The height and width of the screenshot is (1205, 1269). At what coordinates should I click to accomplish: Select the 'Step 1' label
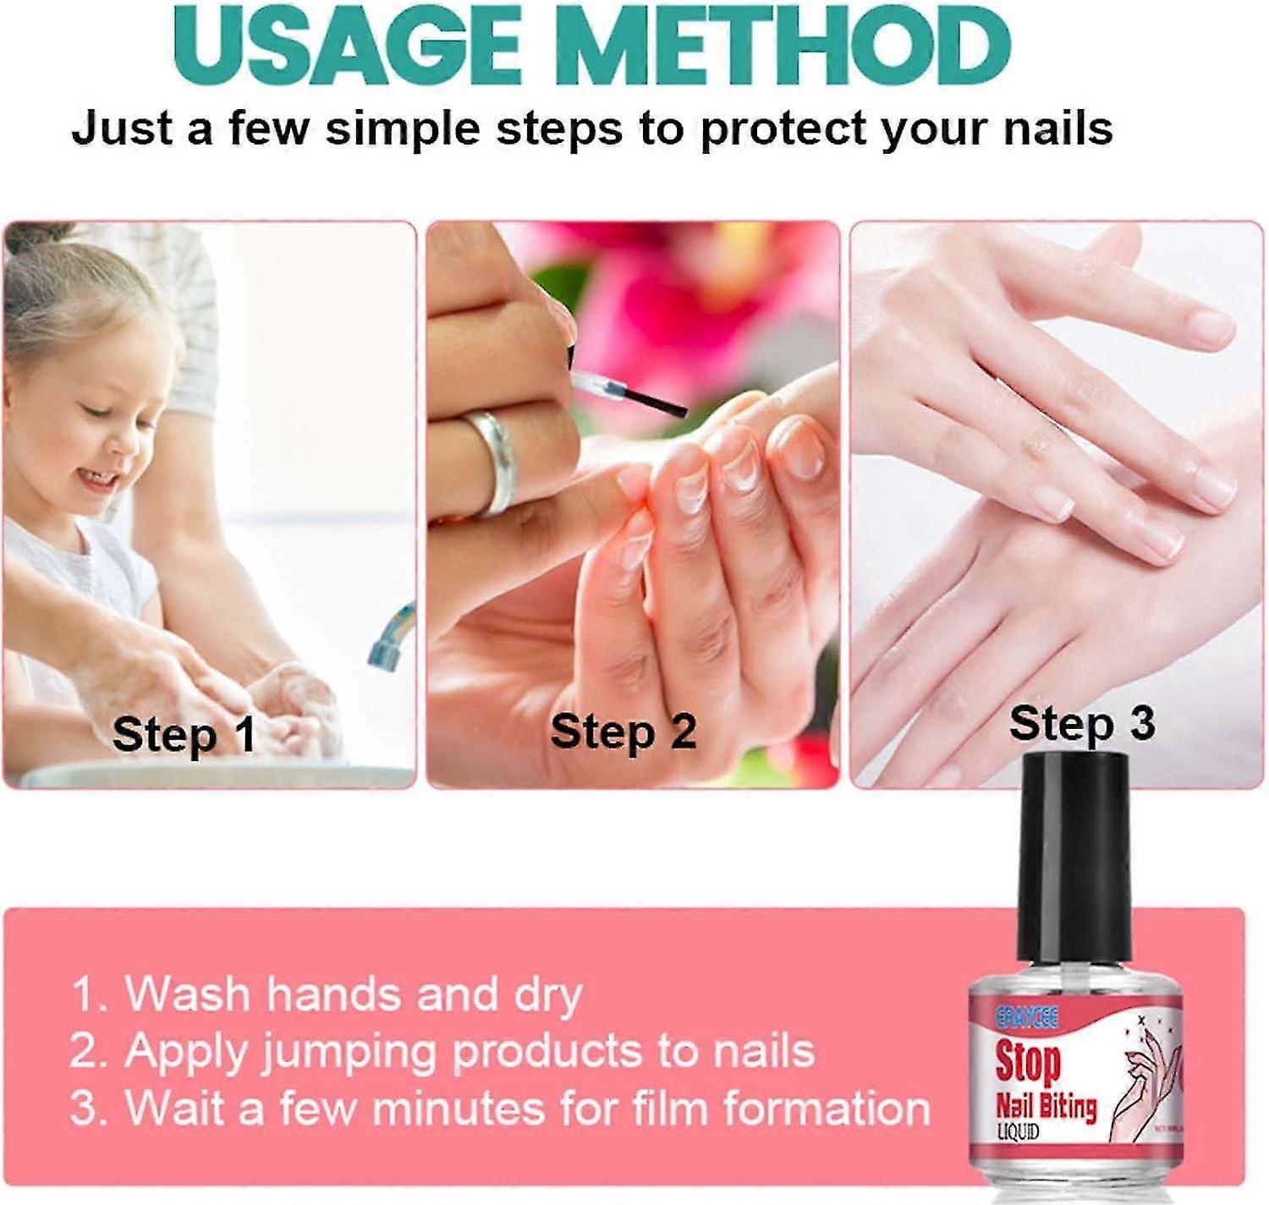184,734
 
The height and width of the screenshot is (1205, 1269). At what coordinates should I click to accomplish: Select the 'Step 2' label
623,731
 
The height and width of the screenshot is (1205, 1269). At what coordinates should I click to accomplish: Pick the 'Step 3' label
1081,724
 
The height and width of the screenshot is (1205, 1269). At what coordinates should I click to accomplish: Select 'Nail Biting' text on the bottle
1046,1106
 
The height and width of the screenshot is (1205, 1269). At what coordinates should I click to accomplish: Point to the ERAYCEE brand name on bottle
1026,1016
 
